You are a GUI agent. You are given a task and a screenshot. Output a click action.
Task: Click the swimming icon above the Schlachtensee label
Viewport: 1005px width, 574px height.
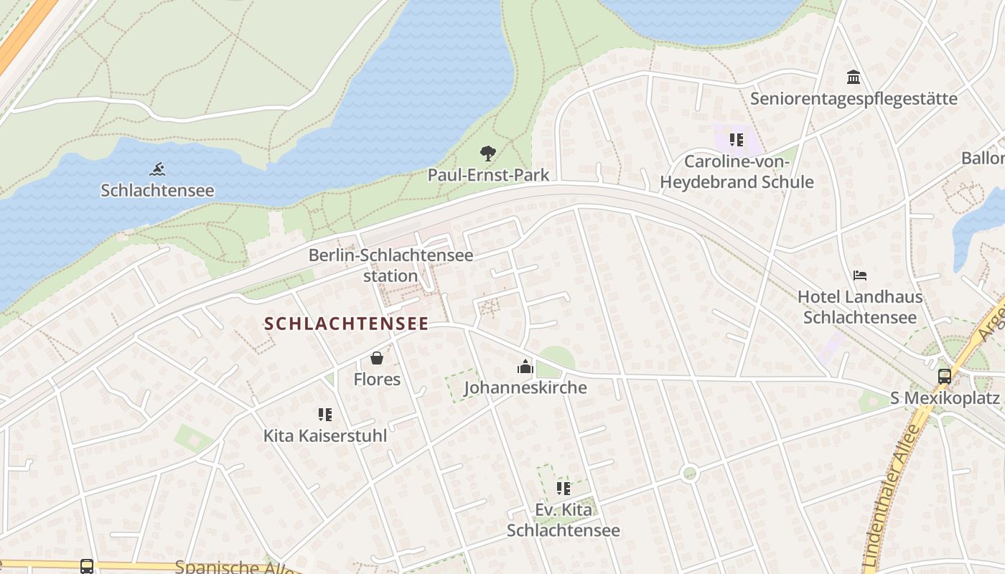(x=157, y=170)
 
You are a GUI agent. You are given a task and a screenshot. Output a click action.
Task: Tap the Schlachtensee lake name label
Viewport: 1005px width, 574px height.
(x=157, y=190)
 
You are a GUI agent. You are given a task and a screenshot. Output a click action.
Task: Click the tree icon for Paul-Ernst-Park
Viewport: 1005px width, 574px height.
(x=488, y=153)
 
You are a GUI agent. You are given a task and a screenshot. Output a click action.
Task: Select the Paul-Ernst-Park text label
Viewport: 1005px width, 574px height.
(x=488, y=174)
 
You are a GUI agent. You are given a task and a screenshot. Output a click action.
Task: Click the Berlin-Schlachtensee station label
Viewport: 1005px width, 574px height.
(x=391, y=265)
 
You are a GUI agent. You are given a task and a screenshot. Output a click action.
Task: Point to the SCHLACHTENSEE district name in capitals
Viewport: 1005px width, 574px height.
(x=346, y=324)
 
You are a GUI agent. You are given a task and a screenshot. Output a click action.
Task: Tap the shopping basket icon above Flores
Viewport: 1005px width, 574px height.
(x=377, y=357)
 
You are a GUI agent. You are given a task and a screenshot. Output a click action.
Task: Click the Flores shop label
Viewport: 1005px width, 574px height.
(x=377, y=379)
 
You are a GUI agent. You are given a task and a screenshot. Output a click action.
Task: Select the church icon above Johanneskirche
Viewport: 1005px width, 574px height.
(x=525, y=367)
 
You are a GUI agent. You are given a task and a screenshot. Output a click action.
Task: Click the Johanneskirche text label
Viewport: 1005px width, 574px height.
(x=525, y=388)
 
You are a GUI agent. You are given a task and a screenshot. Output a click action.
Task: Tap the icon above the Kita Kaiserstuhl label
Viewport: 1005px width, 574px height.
(x=325, y=414)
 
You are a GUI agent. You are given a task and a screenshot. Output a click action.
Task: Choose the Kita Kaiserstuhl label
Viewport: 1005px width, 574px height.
(x=325, y=436)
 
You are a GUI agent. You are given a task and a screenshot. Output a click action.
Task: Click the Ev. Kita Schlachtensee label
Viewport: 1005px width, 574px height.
(x=564, y=520)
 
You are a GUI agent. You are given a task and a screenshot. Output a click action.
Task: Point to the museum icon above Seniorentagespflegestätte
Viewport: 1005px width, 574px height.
(x=854, y=77)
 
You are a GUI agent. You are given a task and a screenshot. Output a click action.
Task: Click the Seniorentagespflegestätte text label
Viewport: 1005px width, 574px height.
(x=854, y=98)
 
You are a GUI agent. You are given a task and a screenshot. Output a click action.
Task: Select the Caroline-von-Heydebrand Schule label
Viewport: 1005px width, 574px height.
(x=737, y=171)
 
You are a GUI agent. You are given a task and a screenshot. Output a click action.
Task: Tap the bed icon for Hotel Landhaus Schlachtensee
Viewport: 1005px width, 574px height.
(x=860, y=276)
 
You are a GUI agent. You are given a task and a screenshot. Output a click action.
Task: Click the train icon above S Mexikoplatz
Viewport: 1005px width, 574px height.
(x=945, y=376)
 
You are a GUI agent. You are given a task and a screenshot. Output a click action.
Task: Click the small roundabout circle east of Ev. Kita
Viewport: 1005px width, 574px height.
(x=690, y=473)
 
